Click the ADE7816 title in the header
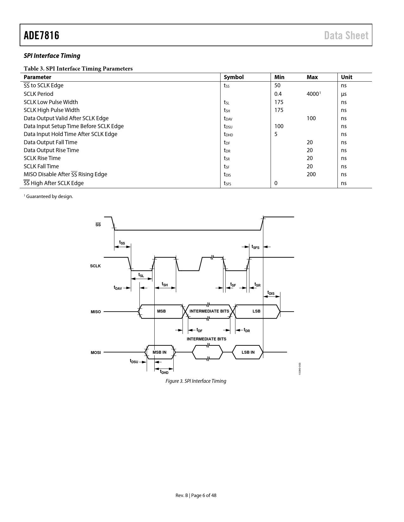[x=42, y=35]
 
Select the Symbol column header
[x=234, y=77]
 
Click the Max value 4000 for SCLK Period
[x=313, y=94]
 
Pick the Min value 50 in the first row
[x=277, y=85]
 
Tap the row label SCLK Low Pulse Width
[x=51, y=102]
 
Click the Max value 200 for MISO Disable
[x=311, y=174]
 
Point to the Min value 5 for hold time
[x=276, y=134]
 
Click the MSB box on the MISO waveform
[x=161, y=311]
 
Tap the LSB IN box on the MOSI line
[x=248, y=352]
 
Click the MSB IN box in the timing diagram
[x=159, y=352]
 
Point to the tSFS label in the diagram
[x=255, y=247]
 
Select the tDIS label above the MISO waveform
[x=271, y=293]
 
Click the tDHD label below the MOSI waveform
[x=164, y=372]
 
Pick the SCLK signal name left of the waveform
[x=95, y=266]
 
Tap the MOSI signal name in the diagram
[x=96, y=352]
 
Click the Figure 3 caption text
[x=196, y=381]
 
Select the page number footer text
[x=196, y=495]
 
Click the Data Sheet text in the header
[x=346, y=35]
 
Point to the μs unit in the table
[x=344, y=94]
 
